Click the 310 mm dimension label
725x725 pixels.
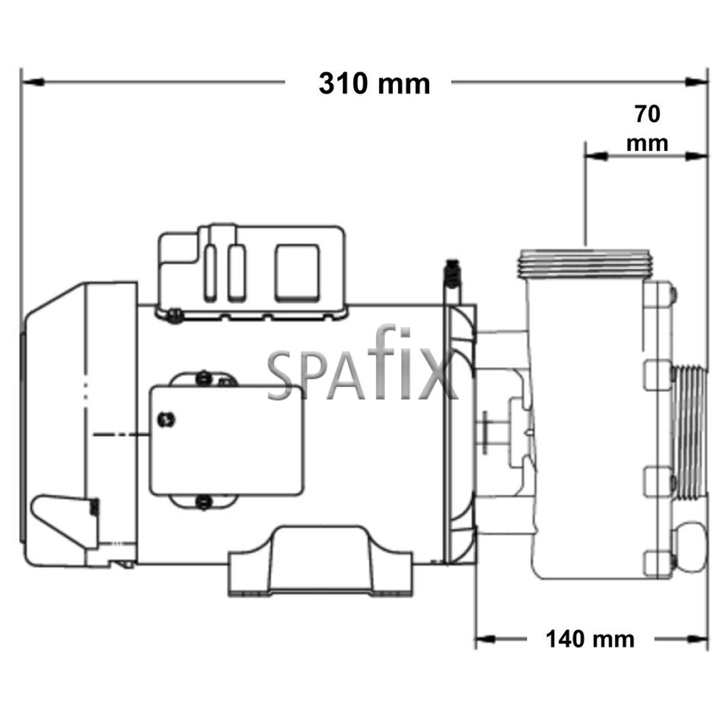[x=374, y=84]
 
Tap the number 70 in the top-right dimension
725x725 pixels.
[x=647, y=115]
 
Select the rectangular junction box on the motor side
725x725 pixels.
[x=226, y=440]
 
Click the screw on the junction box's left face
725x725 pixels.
[x=165, y=418]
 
